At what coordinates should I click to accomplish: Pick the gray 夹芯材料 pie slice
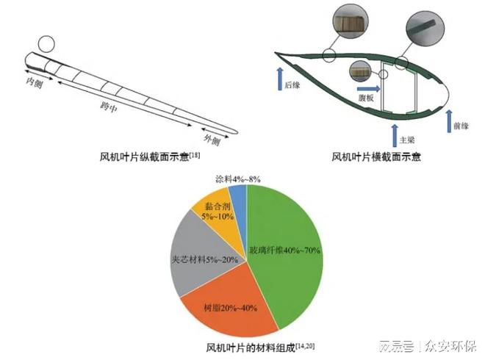point(201,256)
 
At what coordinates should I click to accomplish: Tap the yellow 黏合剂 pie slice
point(217,213)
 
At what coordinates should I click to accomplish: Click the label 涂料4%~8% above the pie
point(238,179)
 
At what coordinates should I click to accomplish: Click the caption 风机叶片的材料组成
point(251,348)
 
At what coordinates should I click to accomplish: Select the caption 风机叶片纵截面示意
point(144,156)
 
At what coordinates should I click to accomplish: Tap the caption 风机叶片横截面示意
point(376,156)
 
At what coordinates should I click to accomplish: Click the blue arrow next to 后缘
point(280,79)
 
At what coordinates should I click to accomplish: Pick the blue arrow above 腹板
point(369,89)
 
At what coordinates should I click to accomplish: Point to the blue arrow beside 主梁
point(395,135)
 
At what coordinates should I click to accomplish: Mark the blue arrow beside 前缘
point(449,121)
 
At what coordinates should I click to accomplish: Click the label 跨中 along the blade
point(109,107)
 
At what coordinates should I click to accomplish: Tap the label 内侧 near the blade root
point(34,82)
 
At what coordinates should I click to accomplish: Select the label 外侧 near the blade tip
point(212,140)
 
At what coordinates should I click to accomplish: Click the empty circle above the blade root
point(46,44)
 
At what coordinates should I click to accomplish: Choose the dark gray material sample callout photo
point(425,29)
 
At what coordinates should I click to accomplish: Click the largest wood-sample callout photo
point(350,21)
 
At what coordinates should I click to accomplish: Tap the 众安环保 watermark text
point(450,346)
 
